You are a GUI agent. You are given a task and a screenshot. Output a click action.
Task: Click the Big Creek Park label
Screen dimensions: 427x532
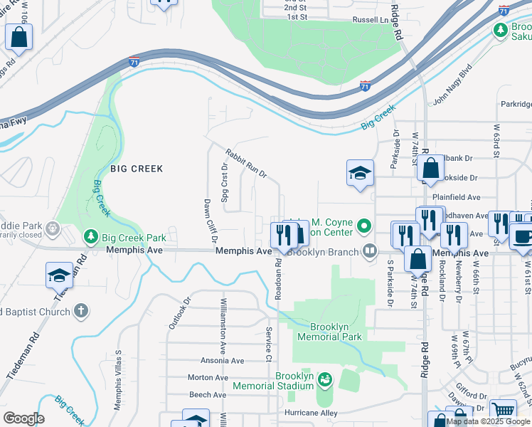click(134, 238)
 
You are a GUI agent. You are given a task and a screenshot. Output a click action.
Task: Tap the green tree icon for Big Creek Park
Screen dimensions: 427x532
click(91, 236)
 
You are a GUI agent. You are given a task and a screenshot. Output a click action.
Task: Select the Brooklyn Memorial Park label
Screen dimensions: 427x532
click(329, 331)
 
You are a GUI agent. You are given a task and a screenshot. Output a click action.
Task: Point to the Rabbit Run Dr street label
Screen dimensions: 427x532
click(246, 163)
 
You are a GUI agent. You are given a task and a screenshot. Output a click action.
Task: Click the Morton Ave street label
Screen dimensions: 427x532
click(208, 377)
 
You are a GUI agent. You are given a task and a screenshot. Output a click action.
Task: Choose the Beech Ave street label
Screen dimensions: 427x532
click(208, 394)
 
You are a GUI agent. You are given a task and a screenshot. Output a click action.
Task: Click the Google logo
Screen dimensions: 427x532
click(23, 418)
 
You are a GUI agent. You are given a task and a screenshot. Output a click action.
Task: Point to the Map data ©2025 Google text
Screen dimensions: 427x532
click(489, 421)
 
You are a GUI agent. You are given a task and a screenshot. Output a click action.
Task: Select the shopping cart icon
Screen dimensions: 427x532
click(503, 411)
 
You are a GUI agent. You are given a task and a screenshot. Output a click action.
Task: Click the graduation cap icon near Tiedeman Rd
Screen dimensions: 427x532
click(59, 275)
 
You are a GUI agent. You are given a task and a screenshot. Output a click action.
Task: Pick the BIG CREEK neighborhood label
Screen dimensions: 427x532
click(137, 169)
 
